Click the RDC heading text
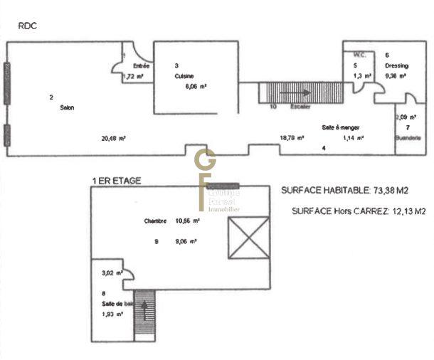[x=27, y=26]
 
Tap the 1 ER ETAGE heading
[x=116, y=181]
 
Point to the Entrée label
[x=142, y=66]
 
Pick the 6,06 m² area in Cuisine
[x=196, y=85]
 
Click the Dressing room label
[x=396, y=65]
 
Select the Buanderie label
[x=408, y=137]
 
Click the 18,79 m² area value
[x=292, y=138]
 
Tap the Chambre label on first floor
[x=155, y=221]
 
